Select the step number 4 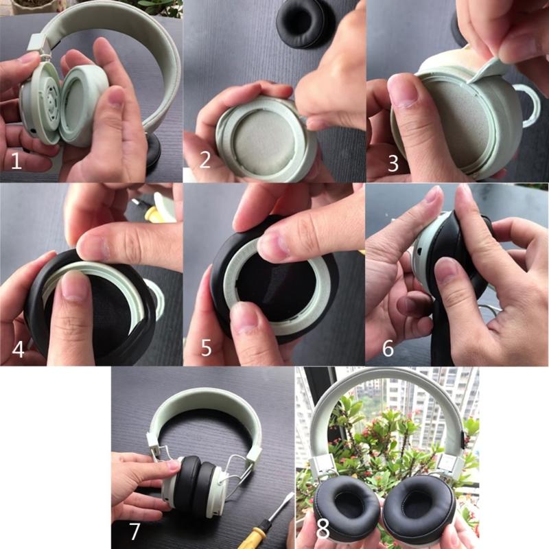[19, 349]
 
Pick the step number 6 [388, 349]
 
